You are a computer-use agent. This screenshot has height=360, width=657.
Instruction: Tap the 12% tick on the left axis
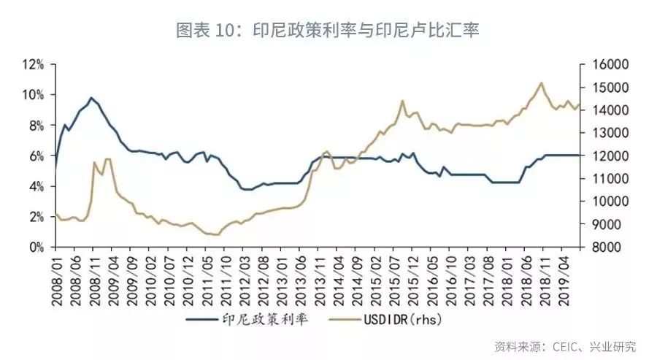click(34, 64)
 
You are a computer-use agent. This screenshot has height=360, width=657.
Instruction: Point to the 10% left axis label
click(34, 95)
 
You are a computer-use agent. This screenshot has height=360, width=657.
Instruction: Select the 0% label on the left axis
click(36, 248)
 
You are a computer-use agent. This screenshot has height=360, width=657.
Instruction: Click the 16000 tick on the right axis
click(604, 64)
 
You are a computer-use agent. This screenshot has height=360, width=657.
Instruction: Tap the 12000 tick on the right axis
click(604, 156)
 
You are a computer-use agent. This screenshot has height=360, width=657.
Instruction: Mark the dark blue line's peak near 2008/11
click(91, 98)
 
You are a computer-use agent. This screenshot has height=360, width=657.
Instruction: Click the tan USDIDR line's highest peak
click(541, 83)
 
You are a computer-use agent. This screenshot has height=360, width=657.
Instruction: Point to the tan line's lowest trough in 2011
click(215, 234)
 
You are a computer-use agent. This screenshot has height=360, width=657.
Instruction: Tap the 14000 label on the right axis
click(604, 110)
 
